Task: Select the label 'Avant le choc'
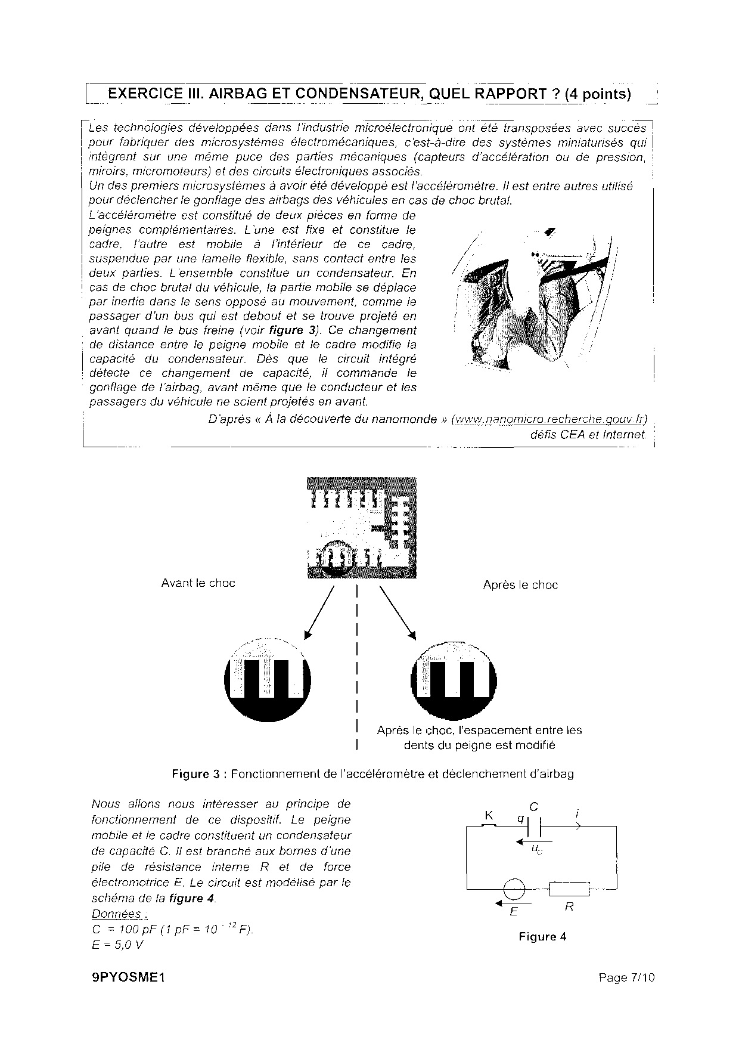pyautogui.click(x=198, y=583)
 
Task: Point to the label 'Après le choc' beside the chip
pyautogui.click(x=520, y=585)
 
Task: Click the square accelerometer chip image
pyautogui.click(x=361, y=528)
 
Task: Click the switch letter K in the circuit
pyautogui.click(x=489, y=815)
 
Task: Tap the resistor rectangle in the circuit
pyautogui.click(x=569, y=889)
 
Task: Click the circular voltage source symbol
pyautogui.click(x=514, y=890)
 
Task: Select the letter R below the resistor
pyautogui.click(x=569, y=907)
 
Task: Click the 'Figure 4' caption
pyautogui.click(x=542, y=937)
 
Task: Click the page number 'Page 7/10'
pyautogui.click(x=626, y=977)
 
